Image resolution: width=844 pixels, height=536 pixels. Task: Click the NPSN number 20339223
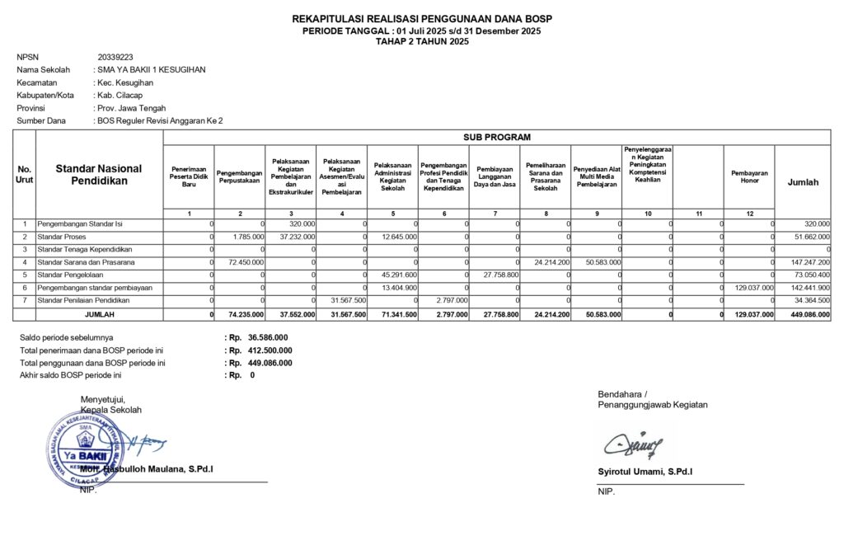click(115, 58)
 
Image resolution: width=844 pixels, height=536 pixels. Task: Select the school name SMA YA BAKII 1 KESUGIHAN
click(151, 70)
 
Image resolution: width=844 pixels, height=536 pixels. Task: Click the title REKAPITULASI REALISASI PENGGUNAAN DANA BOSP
click(422, 19)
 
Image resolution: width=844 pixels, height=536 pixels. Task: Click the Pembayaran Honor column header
click(749, 177)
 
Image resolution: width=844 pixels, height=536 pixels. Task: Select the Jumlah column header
click(804, 182)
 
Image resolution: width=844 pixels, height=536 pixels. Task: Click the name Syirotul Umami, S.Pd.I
click(645, 472)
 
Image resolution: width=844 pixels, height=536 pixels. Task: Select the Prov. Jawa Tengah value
click(132, 108)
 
